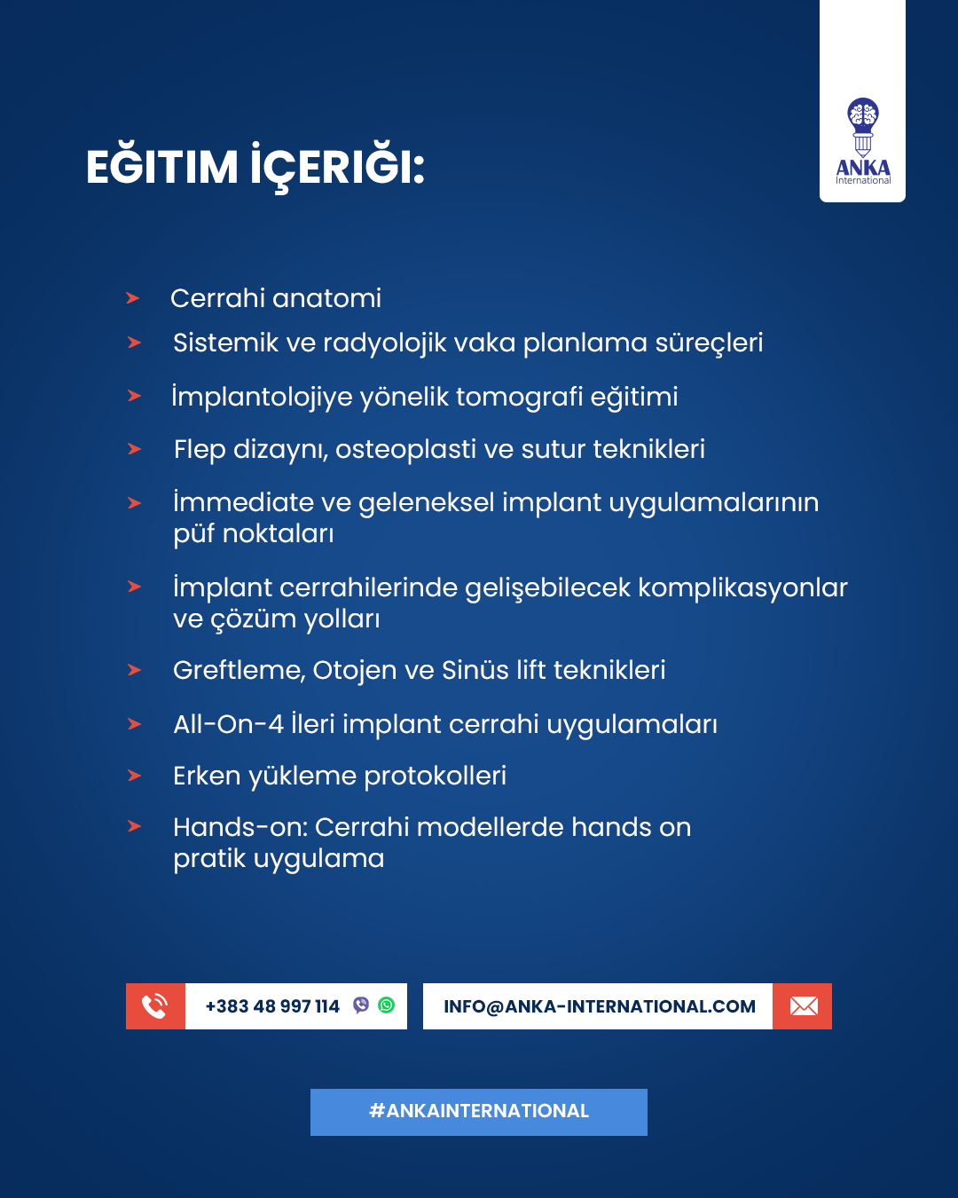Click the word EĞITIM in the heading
pos(162,167)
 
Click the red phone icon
pos(155,1006)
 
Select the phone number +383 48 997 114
pos(272,1006)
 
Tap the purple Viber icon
pos(361,1005)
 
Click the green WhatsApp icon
pos(387,1005)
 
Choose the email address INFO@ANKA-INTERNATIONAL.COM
pos(600,1006)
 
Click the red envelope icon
pos(803,1006)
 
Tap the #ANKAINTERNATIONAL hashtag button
pos(479,1112)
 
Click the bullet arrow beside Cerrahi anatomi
pos(133,298)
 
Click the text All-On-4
pos(228,724)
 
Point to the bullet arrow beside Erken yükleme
pos(135,776)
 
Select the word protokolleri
pos(435,776)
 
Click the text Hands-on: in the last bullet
pos(239,827)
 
